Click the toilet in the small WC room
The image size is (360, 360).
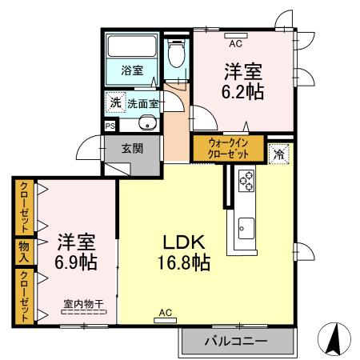(176, 54)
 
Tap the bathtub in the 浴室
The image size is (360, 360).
(132, 46)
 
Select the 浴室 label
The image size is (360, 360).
(132, 70)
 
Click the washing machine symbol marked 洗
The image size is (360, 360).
(116, 102)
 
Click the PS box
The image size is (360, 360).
(110, 126)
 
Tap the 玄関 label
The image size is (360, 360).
(132, 149)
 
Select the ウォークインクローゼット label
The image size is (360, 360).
(228, 149)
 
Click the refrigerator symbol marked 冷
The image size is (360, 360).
(279, 154)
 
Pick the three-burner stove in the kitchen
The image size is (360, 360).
(246, 181)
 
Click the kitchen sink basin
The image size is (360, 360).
(246, 228)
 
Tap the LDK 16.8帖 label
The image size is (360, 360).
(184, 252)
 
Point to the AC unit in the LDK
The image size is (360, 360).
(166, 320)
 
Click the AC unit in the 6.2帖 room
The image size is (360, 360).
(236, 35)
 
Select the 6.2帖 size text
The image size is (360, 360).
(242, 92)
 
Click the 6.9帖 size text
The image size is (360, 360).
(76, 262)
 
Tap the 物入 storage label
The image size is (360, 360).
(24, 251)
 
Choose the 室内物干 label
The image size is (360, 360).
(83, 304)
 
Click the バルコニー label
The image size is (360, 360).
(236, 341)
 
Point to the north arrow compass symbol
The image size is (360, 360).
(334, 339)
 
